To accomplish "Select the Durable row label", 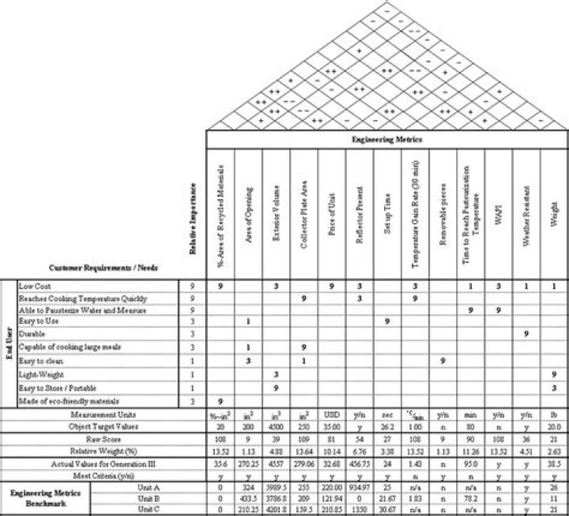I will coord(32,334).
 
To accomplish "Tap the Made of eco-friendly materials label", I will coord(63,401).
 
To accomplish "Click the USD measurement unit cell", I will coord(331,413).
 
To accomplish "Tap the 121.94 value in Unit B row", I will coord(331,499).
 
